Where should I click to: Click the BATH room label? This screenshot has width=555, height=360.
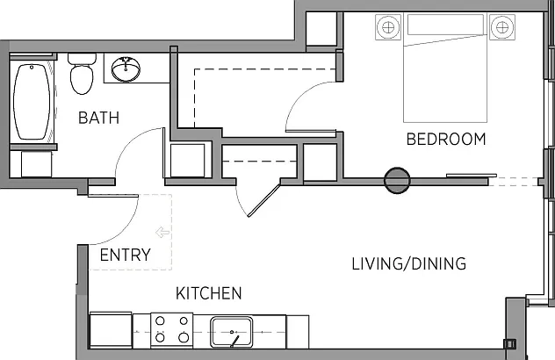(98, 118)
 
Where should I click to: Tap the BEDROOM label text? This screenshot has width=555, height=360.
(446, 139)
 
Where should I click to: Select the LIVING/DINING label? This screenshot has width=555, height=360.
(409, 263)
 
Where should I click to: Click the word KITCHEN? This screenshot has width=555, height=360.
(209, 293)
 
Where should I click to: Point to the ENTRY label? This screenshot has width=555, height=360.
(126, 255)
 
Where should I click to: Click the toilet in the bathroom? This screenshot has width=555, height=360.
(82, 74)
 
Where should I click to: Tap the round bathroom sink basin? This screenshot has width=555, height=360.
(126, 68)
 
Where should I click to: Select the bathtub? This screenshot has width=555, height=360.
(32, 102)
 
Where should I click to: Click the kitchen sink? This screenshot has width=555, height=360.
(232, 332)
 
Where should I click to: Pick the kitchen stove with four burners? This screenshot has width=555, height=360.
(171, 330)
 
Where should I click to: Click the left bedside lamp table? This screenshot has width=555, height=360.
(388, 27)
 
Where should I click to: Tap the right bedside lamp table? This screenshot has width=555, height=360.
(502, 27)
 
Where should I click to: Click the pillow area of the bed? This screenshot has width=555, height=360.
(445, 25)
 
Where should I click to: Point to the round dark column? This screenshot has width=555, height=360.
(397, 181)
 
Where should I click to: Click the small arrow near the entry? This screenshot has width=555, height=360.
(162, 233)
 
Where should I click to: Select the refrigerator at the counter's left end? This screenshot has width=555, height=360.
(111, 330)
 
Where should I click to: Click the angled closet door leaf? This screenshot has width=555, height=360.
(264, 198)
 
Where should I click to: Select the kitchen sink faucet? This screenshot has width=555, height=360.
(234, 341)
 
